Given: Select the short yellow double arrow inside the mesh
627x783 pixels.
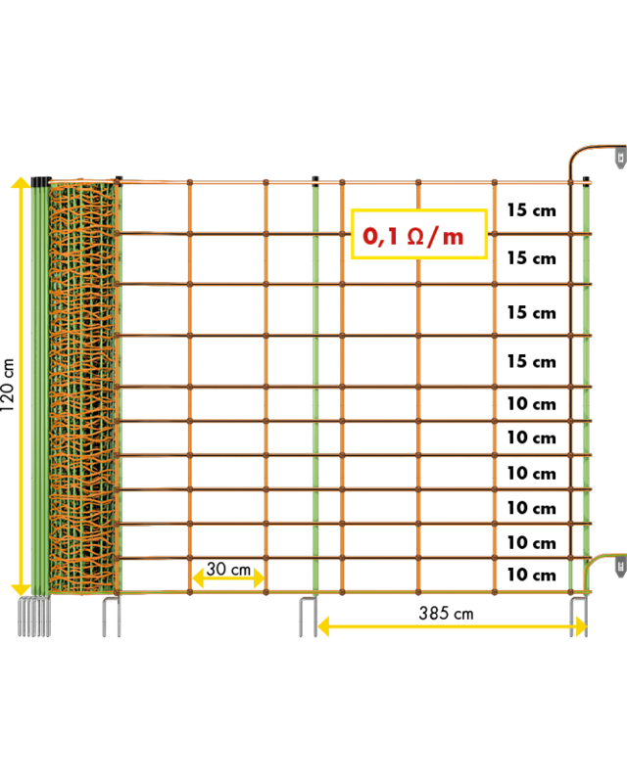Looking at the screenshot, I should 227,577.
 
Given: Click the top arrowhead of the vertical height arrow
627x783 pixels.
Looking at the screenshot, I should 21,183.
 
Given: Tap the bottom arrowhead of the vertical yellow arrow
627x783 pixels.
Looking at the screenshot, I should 21,589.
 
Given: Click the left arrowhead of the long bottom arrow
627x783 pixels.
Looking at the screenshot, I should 324,626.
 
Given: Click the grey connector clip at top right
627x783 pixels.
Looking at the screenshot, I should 620,157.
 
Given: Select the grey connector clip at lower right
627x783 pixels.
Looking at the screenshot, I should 620,566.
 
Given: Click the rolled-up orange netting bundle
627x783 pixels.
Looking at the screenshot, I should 82,387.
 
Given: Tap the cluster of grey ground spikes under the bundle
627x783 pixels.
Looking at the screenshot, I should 33,617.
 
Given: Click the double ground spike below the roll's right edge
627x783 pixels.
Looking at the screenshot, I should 111,617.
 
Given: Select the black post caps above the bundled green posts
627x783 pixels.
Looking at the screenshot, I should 39,180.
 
